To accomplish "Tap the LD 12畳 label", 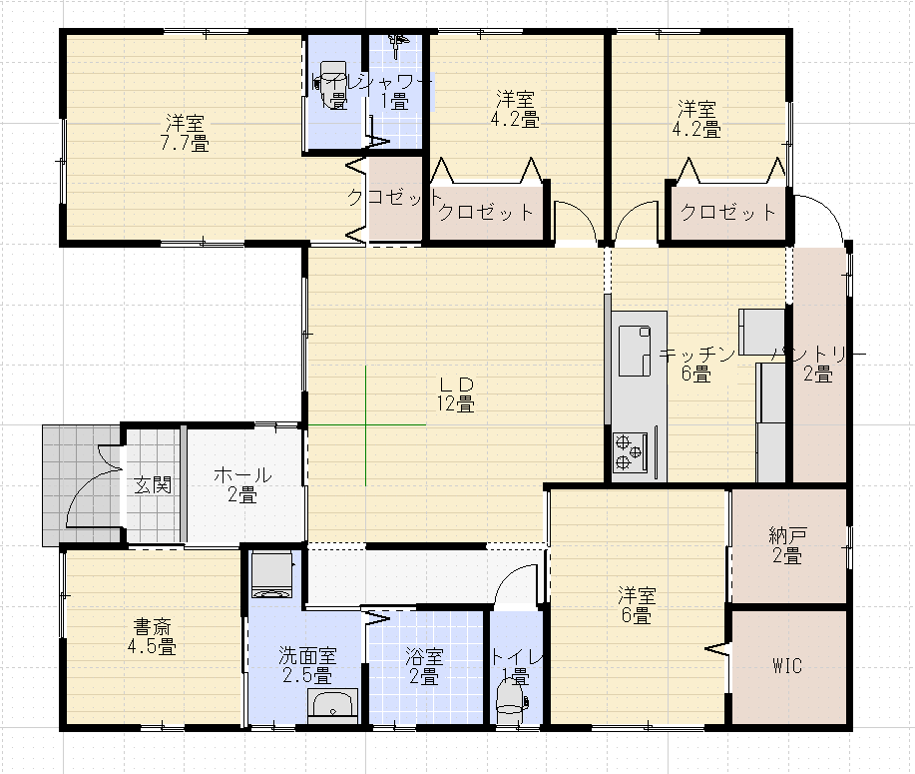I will (454, 394).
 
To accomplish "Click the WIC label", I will (787, 666).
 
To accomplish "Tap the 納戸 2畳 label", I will (787, 545).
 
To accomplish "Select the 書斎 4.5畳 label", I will (152, 636).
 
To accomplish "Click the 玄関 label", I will (153, 485).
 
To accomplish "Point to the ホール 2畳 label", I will (241, 484).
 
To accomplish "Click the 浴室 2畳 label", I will (423, 666).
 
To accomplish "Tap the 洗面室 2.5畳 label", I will (306, 666).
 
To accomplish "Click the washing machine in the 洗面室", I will (272, 575).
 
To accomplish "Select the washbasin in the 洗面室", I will (333, 706).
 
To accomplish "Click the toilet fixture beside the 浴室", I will (510, 697).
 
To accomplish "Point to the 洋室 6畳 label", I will (637, 605).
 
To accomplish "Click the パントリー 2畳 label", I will (818, 365).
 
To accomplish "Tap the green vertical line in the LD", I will (366, 425).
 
